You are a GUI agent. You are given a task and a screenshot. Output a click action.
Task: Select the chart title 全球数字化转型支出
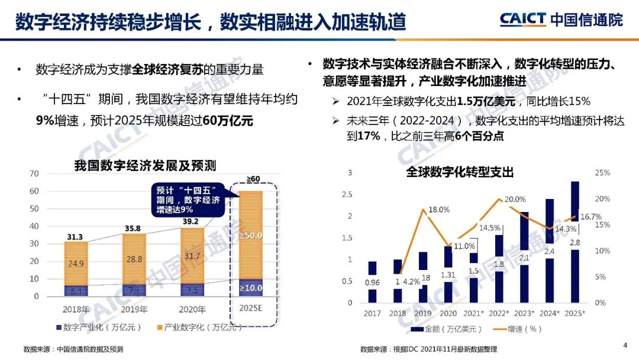460,172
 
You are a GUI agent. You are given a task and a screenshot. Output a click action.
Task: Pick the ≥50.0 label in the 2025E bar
251,236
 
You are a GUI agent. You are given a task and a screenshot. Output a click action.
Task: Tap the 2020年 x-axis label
192,309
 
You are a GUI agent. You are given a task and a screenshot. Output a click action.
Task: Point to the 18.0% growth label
439,210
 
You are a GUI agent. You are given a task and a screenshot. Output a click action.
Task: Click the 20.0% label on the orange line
515,200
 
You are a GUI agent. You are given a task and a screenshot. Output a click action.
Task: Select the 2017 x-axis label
372,313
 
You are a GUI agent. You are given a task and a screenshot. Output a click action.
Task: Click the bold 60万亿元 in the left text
228,121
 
